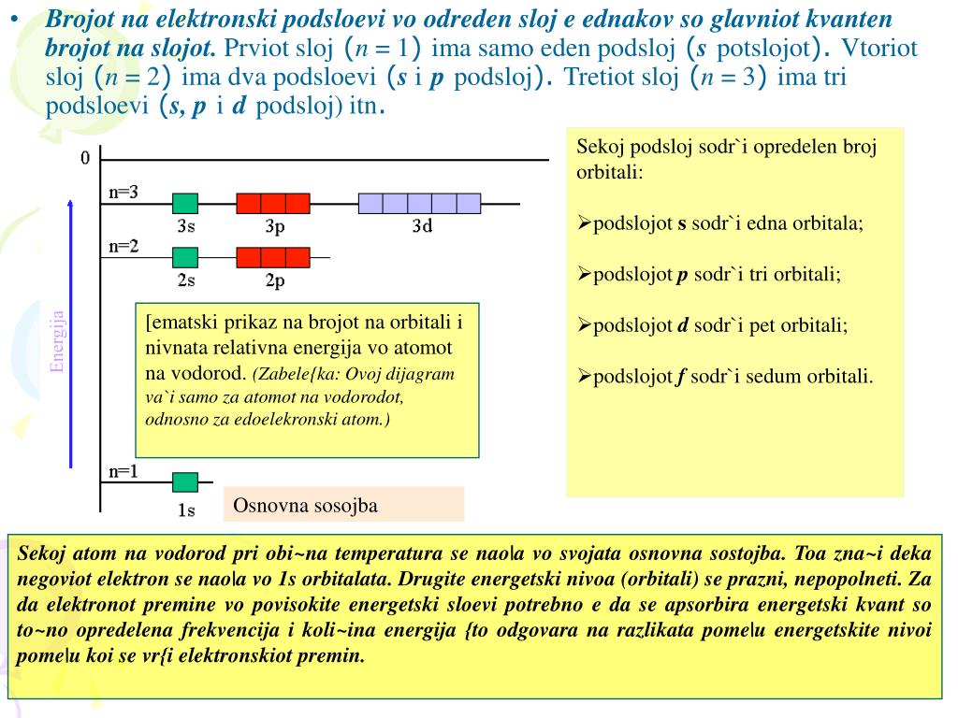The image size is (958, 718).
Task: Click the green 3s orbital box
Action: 185,204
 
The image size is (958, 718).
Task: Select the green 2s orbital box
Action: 185,257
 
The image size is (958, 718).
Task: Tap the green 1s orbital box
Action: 185,482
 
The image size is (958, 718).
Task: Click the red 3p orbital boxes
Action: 272,204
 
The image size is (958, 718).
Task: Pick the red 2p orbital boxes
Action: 272,257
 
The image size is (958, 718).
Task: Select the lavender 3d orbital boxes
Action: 419,204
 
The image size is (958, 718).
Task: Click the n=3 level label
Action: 123,193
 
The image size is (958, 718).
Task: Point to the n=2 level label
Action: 123,246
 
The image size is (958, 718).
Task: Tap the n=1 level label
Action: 123,471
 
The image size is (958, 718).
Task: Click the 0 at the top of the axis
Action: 85,158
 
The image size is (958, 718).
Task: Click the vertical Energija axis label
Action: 57,342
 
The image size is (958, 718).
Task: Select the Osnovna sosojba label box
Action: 343,505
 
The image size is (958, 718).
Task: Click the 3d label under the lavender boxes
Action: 422,225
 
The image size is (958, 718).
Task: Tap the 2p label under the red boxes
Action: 275,280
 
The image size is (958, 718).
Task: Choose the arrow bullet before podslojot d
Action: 584,326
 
